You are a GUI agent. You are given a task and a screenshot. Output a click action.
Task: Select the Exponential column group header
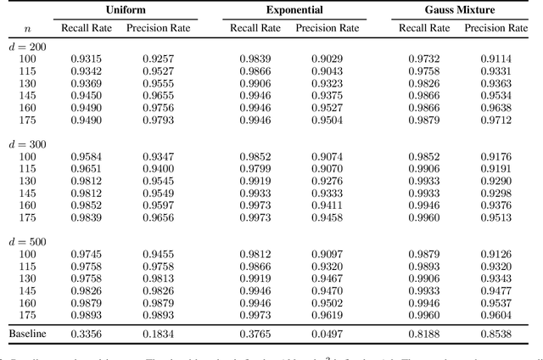294,9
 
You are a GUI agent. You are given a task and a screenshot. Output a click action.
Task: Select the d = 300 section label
30,144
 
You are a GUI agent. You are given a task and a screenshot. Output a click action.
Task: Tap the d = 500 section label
30,242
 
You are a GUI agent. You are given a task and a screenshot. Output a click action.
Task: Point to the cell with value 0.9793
158,120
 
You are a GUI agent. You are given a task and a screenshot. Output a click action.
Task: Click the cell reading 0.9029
327,58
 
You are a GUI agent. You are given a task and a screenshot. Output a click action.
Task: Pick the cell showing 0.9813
158,278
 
